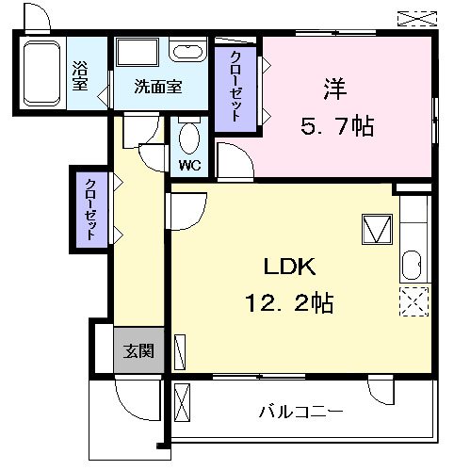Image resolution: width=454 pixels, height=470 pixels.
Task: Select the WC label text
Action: click(x=189, y=165)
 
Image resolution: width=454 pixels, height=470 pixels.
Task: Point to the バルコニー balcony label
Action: click(x=300, y=412)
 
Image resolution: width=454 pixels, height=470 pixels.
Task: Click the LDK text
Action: click(x=282, y=267)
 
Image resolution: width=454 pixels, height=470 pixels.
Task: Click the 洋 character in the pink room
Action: click(x=333, y=90)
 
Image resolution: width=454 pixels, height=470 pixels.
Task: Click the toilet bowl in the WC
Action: click(x=188, y=139)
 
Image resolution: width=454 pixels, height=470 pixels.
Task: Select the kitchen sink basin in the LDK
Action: click(x=413, y=267)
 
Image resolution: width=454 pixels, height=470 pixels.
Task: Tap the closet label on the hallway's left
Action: click(x=90, y=208)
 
